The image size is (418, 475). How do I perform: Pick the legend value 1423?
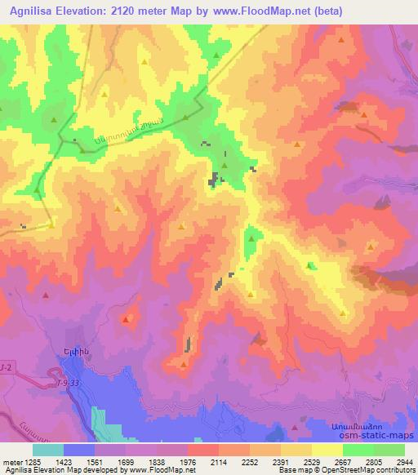tap(65, 461)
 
